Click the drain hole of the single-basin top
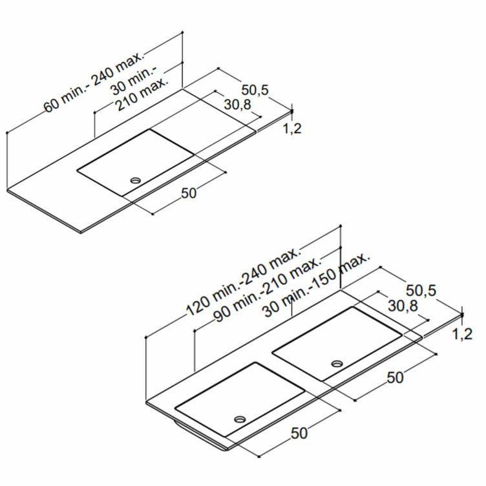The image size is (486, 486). click(x=136, y=180)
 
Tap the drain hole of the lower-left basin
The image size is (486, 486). click(x=240, y=419)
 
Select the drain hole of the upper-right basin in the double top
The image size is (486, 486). click(x=337, y=363)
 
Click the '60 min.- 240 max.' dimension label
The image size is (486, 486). click(x=94, y=82)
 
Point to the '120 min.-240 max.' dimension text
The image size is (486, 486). click(x=243, y=281)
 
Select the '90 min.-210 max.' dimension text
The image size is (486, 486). click(x=267, y=290)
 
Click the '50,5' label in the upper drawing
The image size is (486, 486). click(x=255, y=90)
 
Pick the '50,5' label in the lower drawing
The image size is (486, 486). click(x=421, y=290)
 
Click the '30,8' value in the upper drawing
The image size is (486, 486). click(x=238, y=105)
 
